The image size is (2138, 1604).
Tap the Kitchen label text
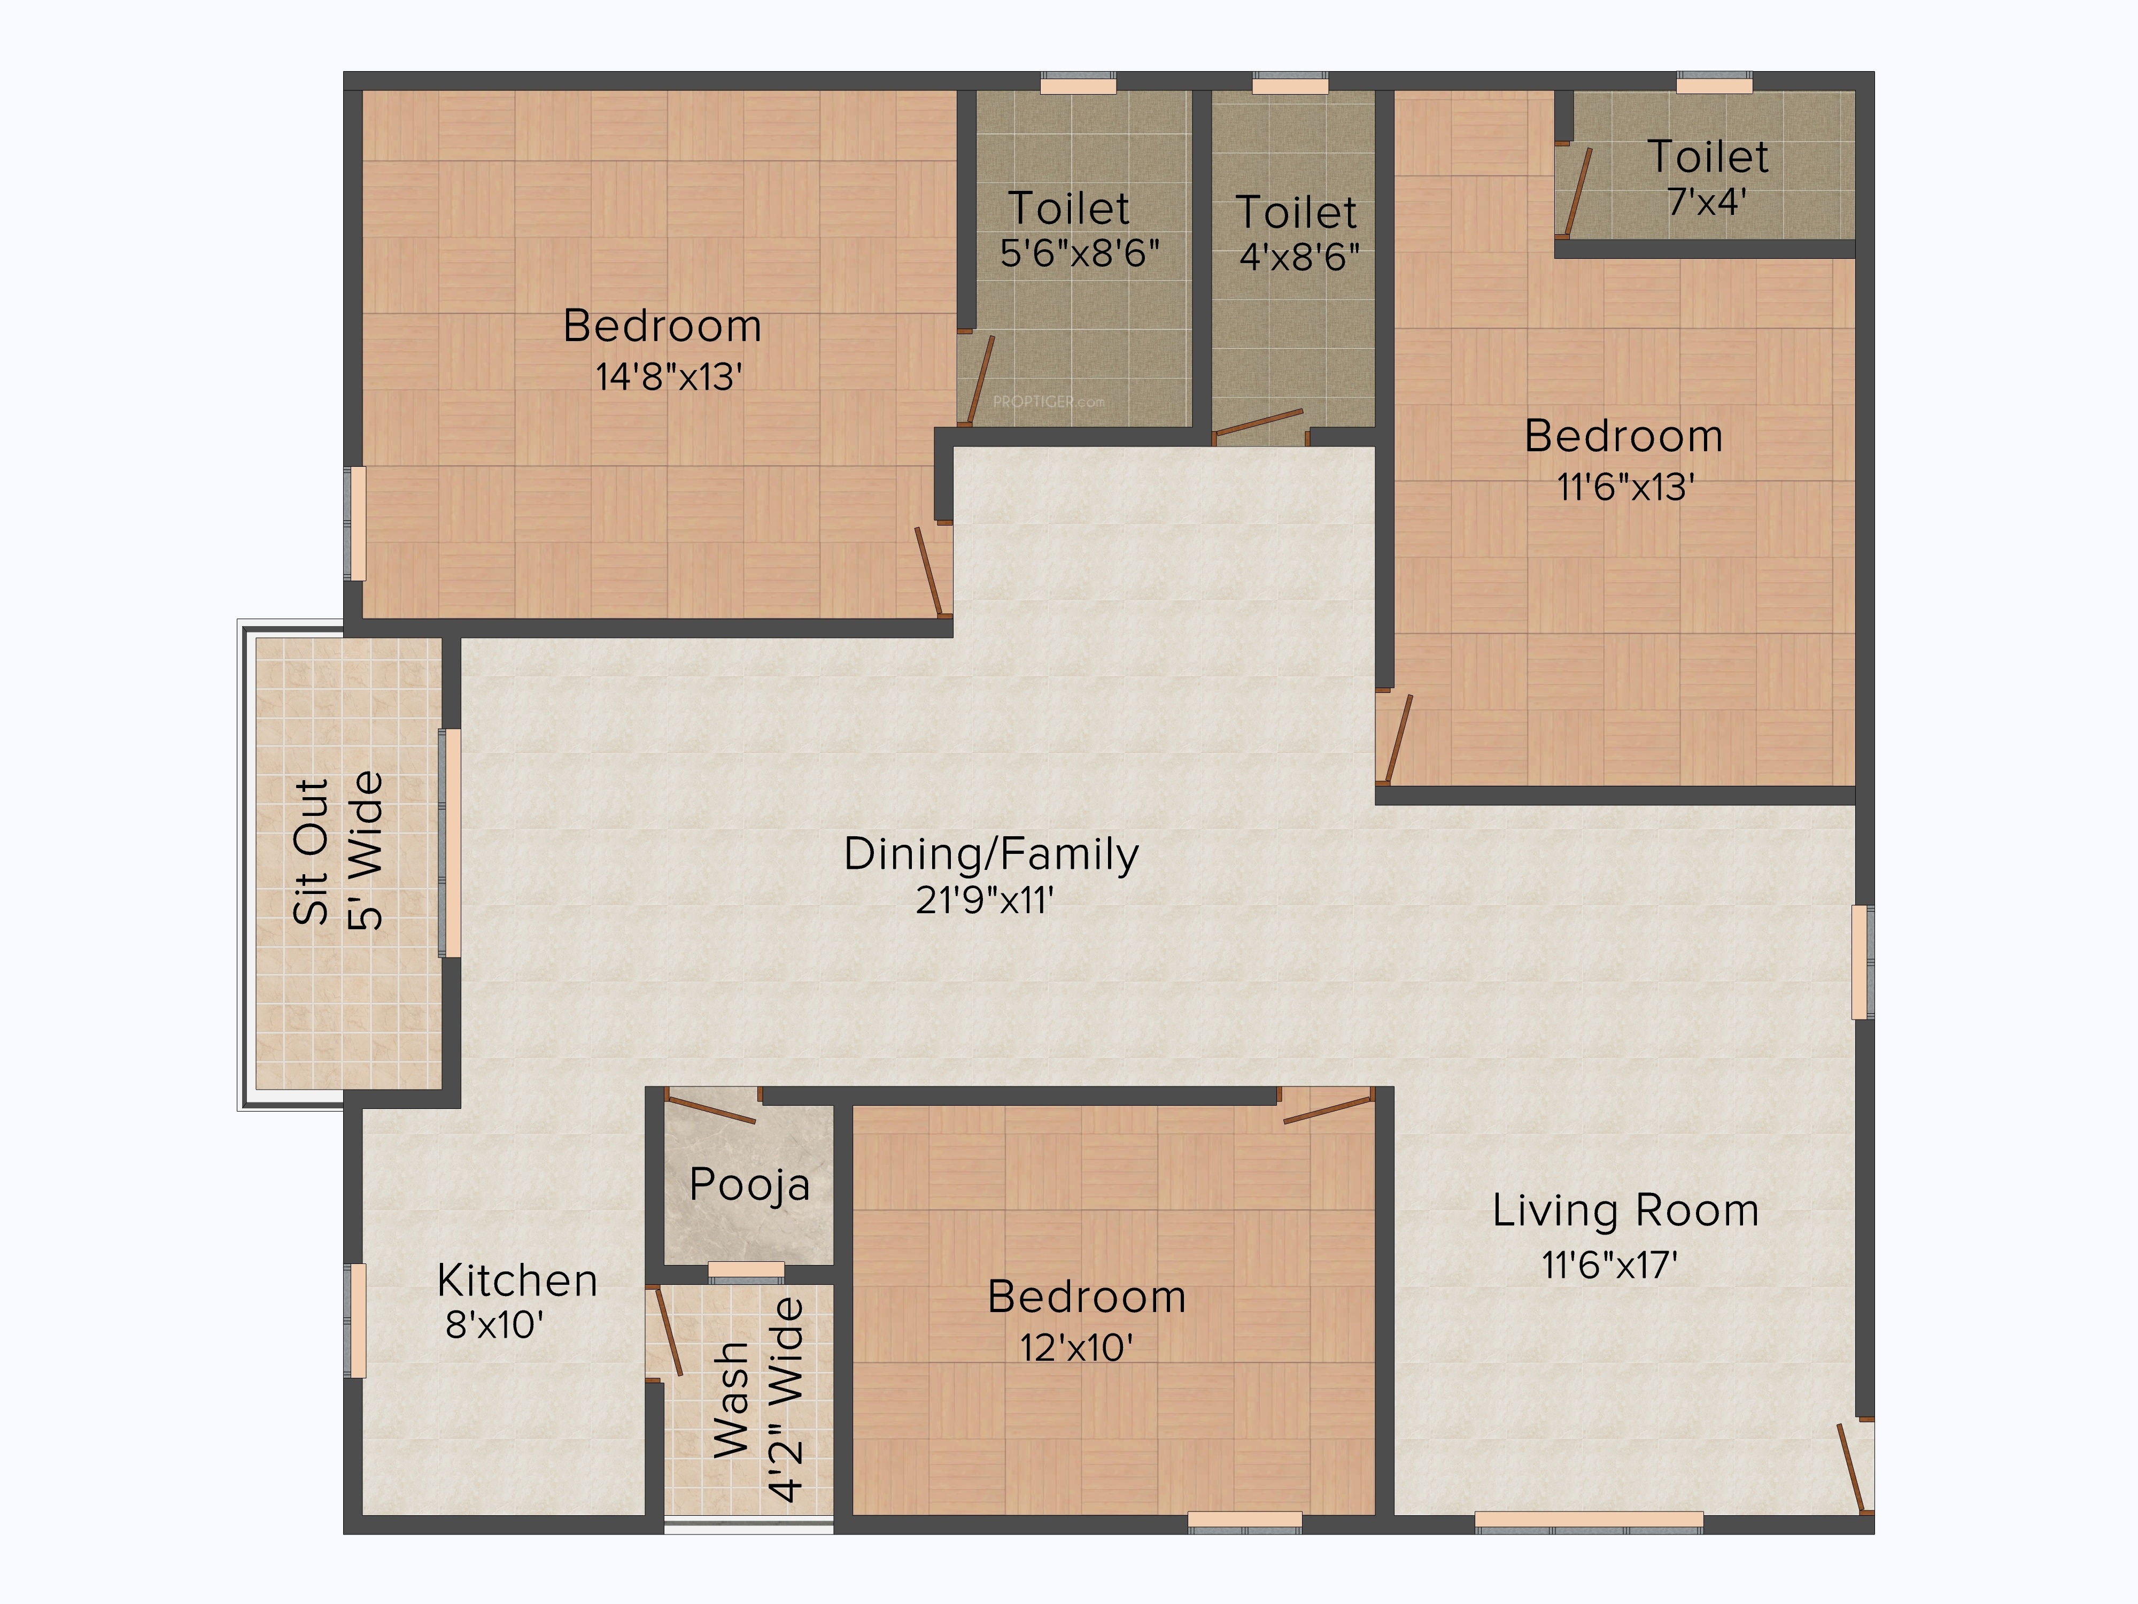(517, 1281)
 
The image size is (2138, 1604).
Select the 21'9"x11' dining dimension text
(984, 900)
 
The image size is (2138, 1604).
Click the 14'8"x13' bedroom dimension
(669, 376)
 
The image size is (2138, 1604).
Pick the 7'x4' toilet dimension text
(1707, 201)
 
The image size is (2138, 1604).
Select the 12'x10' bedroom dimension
(1076, 1347)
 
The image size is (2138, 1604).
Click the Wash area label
(732, 1399)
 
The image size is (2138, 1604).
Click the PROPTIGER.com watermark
(1049, 401)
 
